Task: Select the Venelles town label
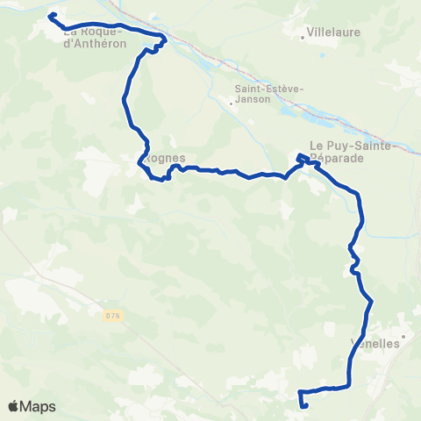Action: click(375, 343)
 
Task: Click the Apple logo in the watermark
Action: click(14, 406)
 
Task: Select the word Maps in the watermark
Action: click(39, 406)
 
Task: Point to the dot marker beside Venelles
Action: click(403, 336)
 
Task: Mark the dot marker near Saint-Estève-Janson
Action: click(232, 103)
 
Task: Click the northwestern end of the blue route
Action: click(51, 16)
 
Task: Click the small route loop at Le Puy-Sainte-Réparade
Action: click(302, 159)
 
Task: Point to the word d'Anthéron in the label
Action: click(96, 42)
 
